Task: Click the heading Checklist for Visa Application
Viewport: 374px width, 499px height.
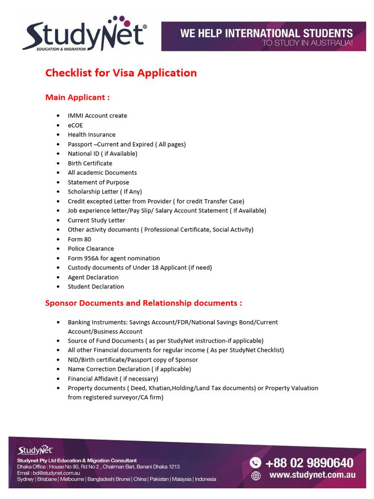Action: (x=121, y=73)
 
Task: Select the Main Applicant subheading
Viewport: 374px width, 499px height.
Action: (x=77, y=97)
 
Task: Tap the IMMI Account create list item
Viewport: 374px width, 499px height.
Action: (x=97, y=116)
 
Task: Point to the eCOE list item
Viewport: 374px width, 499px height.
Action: (x=75, y=125)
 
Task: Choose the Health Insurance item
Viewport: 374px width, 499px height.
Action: (x=92, y=135)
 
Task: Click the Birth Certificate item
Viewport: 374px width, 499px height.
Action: (x=90, y=163)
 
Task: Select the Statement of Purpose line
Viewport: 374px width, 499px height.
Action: (x=98, y=182)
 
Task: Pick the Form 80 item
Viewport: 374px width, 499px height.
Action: (x=79, y=239)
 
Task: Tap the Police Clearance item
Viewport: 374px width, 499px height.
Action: (x=91, y=249)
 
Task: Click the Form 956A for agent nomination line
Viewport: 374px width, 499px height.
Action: (x=113, y=258)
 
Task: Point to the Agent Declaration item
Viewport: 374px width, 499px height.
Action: (x=93, y=277)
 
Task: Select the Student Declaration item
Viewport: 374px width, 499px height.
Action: (x=96, y=287)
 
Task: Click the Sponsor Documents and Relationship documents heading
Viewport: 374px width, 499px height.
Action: (x=144, y=303)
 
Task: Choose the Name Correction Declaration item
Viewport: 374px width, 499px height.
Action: (x=129, y=369)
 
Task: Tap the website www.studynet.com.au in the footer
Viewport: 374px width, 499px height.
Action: (x=312, y=475)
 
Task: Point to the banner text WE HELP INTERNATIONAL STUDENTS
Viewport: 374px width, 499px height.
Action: (x=266, y=34)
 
